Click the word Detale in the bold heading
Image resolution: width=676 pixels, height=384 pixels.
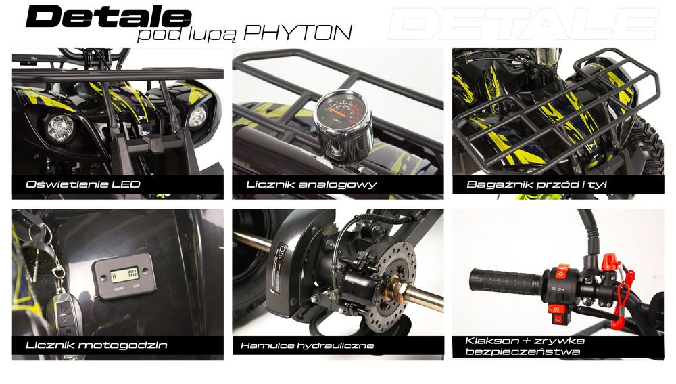pos(108,17)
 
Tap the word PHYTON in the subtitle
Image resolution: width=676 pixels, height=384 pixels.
pos(297,33)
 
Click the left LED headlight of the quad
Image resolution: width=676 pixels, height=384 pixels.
pos(61,128)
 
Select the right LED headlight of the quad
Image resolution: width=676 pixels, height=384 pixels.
pos(197,117)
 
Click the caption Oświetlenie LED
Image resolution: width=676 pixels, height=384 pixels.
pos(83,184)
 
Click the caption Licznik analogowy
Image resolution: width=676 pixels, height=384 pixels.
pos(312,184)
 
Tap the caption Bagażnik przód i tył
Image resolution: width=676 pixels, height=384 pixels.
pos(537,184)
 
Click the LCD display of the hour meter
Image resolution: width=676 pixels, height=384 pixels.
pos(125,274)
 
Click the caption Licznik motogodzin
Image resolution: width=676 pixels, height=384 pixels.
pos(97,345)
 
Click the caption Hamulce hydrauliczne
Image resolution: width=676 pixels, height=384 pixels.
pos(308,345)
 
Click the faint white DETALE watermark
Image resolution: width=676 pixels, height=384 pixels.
pos(523,24)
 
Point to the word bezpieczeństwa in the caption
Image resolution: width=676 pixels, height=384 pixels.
pos(522,351)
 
